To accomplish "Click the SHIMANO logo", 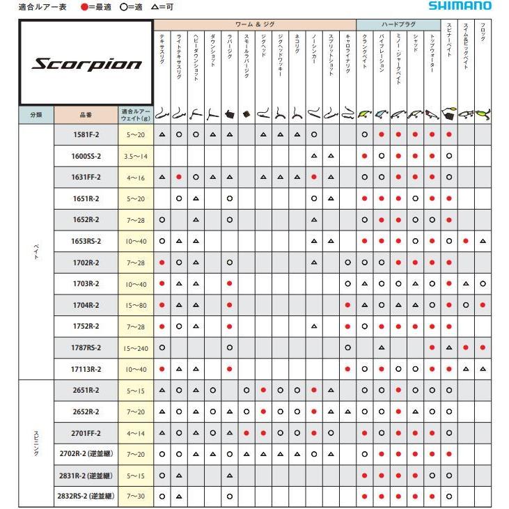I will click(469, 6).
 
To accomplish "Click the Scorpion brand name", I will click(86, 64).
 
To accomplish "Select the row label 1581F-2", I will click(86, 134).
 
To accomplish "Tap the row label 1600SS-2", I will click(86, 156).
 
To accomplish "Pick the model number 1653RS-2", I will click(86, 241).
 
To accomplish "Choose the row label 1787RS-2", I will click(86, 347).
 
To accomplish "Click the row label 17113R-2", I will click(86, 369).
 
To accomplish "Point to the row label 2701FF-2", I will click(86, 433).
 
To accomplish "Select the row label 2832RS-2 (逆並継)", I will click(86, 497).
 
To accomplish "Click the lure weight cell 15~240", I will click(136, 347).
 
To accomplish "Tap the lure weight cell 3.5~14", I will click(136, 156).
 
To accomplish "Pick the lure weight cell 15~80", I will click(136, 305).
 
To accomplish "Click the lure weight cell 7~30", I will click(136, 497).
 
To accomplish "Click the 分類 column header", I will click(36, 113).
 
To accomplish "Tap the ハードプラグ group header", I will click(398, 24).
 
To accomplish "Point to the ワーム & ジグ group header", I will click(254, 24).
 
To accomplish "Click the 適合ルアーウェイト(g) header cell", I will click(136, 113).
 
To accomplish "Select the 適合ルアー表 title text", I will click(39, 6).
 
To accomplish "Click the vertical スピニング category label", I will click(36, 443).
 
